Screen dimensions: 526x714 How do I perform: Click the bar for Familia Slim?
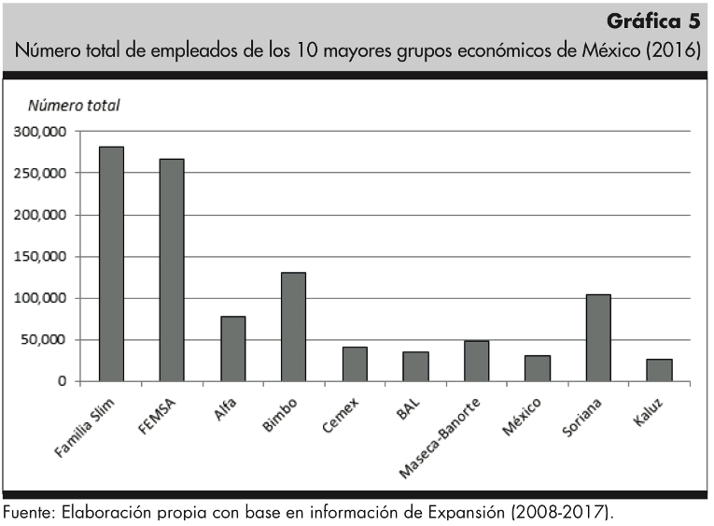tap(111, 263)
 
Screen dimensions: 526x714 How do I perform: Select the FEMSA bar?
tap(172, 269)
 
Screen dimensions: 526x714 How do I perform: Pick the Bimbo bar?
tap(293, 326)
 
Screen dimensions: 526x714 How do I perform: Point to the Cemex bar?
tap(355, 363)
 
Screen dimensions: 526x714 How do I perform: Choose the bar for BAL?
tap(415, 366)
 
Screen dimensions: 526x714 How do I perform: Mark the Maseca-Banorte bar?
tap(476, 361)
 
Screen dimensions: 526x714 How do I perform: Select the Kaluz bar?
tap(659, 370)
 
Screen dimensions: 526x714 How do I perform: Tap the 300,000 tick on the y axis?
tap(40, 132)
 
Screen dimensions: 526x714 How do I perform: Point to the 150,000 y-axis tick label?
tap(40, 256)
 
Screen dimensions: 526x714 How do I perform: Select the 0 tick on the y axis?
tap(62, 381)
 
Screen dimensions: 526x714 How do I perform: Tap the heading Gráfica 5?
tap(651, 21)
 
